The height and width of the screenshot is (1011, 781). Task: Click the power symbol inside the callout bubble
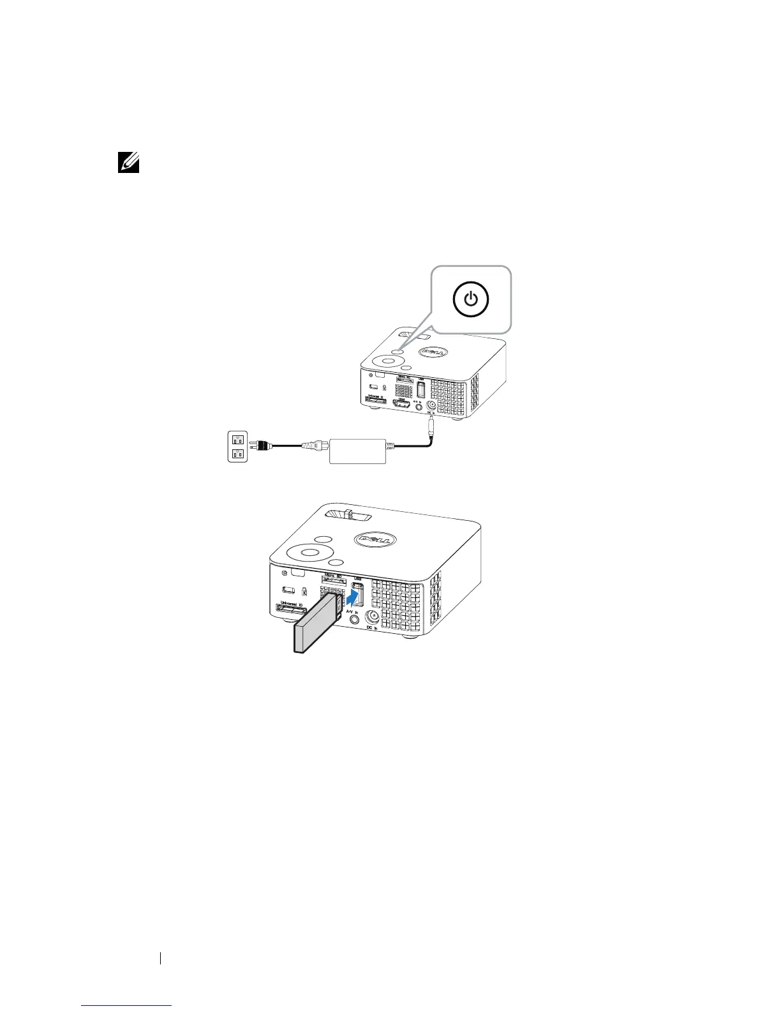(x=470, y=299)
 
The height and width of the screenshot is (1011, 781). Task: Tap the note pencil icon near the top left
(x=129, y=163)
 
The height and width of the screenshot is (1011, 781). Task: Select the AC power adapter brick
(x=357, y=451)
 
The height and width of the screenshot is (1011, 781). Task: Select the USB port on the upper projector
(x=420, y=389)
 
